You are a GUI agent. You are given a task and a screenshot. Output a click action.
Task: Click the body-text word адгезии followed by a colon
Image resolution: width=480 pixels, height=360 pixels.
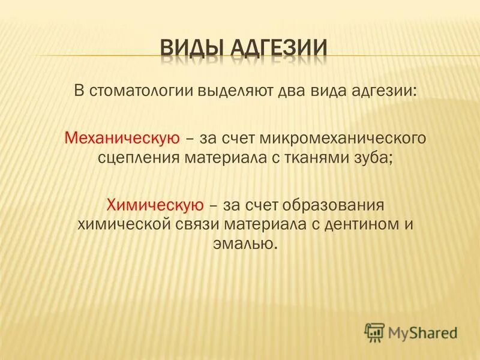click(375, 92)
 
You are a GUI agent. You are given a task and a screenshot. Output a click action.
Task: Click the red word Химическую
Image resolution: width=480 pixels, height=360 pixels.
click(154, 205)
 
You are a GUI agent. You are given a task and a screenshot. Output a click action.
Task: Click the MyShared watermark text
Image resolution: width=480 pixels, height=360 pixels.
click(422, 332)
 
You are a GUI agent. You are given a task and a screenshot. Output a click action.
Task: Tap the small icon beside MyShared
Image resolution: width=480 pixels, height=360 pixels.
click(375, 332)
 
